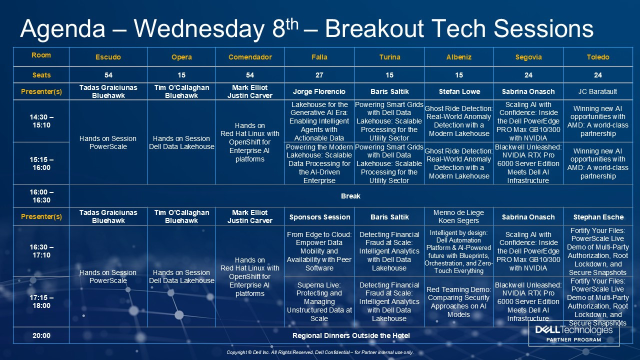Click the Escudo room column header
pos(108,57)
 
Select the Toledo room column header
pos(598,57)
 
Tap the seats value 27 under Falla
pos(319,75)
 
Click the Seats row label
pos(41,75)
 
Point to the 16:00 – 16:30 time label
pos(41,196)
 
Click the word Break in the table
pos(350,196)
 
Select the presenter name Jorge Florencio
pos(319,91)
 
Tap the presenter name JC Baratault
pos(597,91)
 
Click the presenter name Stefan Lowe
pos(459,91)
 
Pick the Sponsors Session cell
pos(319,217)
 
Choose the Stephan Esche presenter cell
pos(598,217)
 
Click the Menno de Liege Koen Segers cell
pos(458,216)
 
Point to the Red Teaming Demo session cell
pos(458,302)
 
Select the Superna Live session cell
pos(319,301)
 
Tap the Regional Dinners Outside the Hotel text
pos(351,335)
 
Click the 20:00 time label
pos(41,335)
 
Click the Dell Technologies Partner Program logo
pos(573,333)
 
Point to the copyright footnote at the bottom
pos(320,352)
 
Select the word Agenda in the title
pos(62,29)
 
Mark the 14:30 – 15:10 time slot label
pos(41,121)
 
